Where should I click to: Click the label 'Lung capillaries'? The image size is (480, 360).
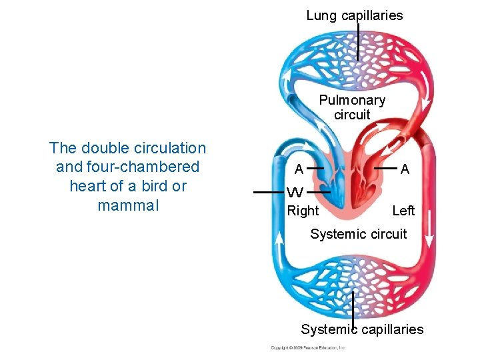(x=354, y=15)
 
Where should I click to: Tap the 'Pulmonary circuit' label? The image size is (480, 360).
(x=352, y=107)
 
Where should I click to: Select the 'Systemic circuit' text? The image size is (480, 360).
(x=359, y=234)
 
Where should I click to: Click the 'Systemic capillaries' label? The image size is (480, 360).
(x=362, y=329)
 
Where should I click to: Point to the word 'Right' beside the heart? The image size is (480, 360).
(x=303, y=211)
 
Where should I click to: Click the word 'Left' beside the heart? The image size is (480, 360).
(x=403, y=211)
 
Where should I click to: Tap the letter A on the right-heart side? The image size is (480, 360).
(x=301, y=169)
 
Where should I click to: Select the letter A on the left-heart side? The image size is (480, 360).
(x=405, y=169)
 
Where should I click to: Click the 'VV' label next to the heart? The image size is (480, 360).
(x=295, y=193)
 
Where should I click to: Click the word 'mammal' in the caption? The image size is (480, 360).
(x=128, y=205)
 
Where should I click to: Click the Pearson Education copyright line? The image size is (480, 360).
(x=308, y=348)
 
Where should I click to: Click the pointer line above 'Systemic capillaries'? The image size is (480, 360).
(x=353, y=307)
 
